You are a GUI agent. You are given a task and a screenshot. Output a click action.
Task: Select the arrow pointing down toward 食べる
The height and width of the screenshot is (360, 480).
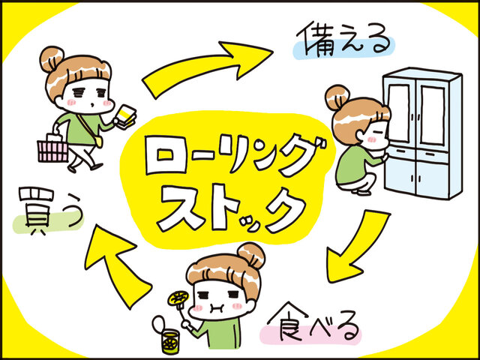pyautogui.click(x=358, y=245)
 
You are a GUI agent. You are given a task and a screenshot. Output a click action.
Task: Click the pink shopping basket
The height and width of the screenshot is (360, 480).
pyautogui.click(x=52, y=151)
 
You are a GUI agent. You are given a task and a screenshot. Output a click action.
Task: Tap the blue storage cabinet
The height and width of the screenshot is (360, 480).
pyautogui.click(x=422, y=133)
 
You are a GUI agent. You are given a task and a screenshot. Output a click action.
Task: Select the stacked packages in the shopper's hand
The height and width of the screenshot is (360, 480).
pyautogui.click(x=125, y=116)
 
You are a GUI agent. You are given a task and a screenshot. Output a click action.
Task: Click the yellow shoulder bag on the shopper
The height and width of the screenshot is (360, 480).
pyautogui.click(x=98, y=142)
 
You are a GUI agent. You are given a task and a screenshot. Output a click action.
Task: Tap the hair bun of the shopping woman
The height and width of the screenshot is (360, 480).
pyautogui.click(x=52, y=58)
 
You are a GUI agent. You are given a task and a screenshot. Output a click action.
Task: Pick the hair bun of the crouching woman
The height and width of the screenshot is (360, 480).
pyautogui.click(x=337, y=97)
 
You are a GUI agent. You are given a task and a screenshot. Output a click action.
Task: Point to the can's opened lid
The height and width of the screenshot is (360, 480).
pyautogui.click(x=157, y=324)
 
